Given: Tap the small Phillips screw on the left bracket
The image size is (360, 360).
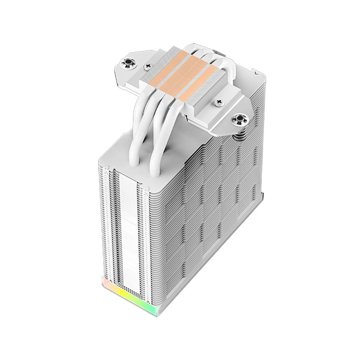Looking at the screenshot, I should [147, 66].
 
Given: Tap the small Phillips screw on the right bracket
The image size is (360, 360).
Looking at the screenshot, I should [219, 102].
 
